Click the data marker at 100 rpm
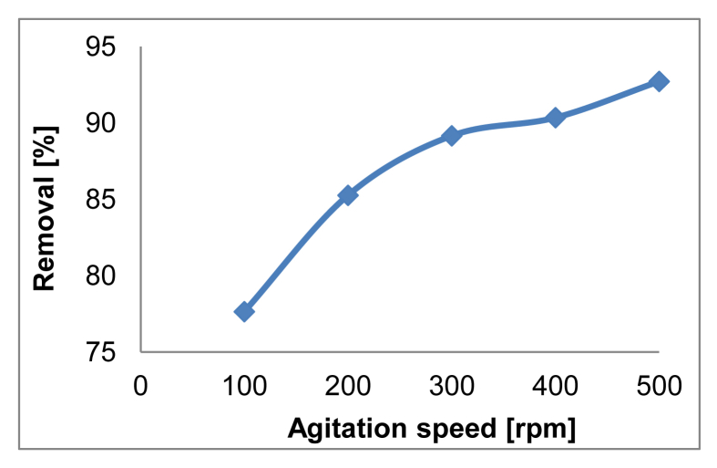tap(244, 311)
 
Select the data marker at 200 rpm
tap(348, 194)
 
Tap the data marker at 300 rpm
tap(451, 136)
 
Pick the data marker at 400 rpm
tap(555, 118)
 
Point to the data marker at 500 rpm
tap(659, 81)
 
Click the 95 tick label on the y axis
tap(107, 47)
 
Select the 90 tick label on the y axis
tap(107, 122)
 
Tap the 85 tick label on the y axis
tap(107, 198)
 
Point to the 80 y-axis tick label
tap(107, 275)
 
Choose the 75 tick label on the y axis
tap(107, 350)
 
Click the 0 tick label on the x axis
tap(140, 387)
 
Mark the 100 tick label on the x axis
tap(244, 387)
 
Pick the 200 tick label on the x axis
tap(348, 387)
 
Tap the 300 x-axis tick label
tap(451, 387)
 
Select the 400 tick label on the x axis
tap(555, 387)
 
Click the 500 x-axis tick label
tap(659, 387)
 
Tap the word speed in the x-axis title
tap(445, 430)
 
